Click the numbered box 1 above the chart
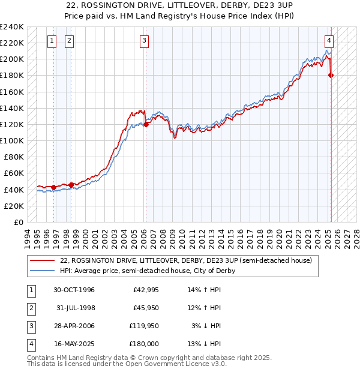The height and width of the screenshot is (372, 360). [x=52, y=41]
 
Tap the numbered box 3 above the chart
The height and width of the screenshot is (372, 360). [x=145, y=41]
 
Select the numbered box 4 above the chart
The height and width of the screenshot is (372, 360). [x=329, y=41]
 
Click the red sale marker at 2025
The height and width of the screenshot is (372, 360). [x=331, y=75]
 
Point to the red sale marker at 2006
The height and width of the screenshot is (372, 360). [x=146, y=125]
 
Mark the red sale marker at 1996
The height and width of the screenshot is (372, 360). [x=54, y=187]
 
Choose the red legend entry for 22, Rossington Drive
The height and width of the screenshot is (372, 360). [x=185, y=261]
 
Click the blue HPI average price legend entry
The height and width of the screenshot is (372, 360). [x=147, y=271]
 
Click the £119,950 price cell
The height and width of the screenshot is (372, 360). [x=143, y=326]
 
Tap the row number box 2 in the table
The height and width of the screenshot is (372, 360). [x=31, y=308]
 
